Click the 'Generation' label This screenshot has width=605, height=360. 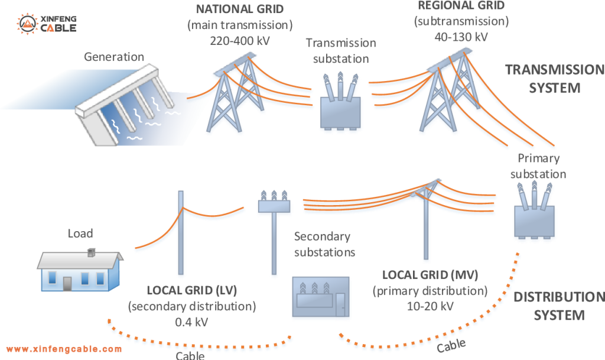click(114, 57)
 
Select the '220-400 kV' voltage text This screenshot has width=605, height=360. click(239, 41)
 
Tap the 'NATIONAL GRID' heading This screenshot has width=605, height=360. click(239, 10)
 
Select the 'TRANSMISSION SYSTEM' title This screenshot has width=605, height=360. click(554, 79)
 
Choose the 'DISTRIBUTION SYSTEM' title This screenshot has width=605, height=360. click(559, 306)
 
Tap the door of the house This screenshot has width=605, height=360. click(68, 283)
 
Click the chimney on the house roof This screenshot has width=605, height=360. click(91, 253)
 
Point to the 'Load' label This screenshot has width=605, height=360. click(80, 233)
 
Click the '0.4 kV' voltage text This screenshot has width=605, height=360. click(192, 322)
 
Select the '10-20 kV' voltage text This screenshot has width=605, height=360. click(430, 306)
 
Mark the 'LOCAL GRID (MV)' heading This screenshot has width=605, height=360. click(430, 275)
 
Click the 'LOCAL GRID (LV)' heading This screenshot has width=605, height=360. click(192, 290)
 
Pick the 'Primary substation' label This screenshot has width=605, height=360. click(538, 166)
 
